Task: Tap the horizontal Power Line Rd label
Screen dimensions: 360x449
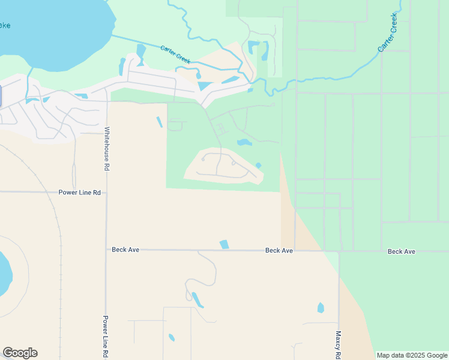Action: (79, 193)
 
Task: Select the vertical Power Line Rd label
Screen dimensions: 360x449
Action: (105, 335)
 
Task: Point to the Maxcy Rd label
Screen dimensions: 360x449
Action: (339, 344)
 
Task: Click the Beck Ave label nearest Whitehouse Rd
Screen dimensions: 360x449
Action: (125, 250)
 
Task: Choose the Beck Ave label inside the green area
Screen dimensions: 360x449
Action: (402, 251)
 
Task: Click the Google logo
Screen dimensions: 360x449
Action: (20, 353)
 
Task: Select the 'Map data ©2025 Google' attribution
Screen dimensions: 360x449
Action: (411, 355)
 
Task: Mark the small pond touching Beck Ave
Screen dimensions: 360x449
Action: (224, 244)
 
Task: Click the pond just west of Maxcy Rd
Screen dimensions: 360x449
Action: (321, 308)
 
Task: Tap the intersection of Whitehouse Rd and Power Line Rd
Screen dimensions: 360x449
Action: (106, 193)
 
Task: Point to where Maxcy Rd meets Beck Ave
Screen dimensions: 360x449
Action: (339, 251)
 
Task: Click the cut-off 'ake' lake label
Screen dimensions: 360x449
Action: (5, 25)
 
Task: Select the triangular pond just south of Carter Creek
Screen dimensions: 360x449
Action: (205, 86)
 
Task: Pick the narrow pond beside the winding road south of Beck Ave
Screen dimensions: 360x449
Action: (197, 299)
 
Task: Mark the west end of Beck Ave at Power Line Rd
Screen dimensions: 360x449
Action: (107, 250)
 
